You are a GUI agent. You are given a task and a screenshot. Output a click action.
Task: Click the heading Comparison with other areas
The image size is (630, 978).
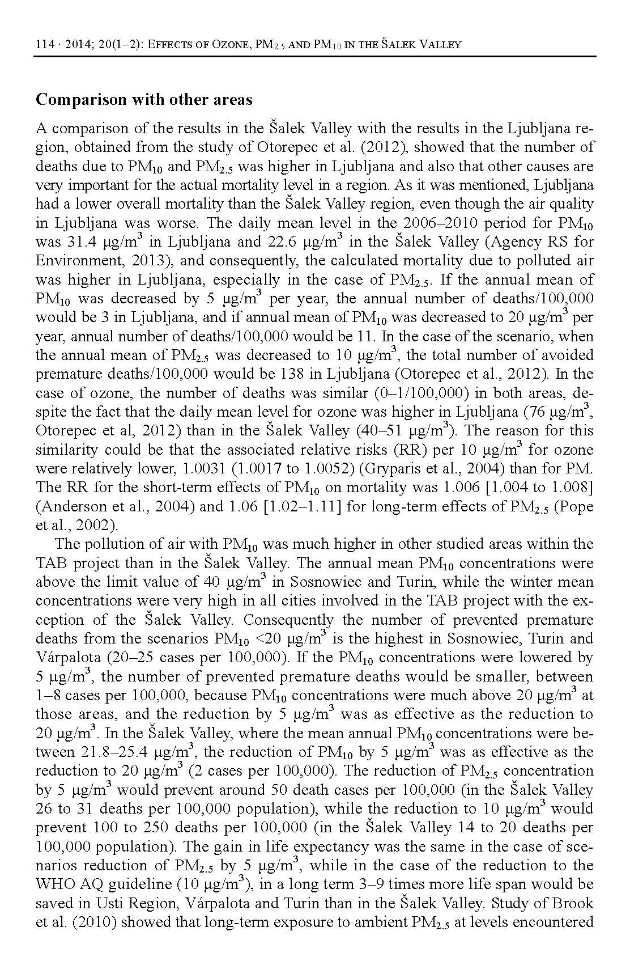(x=144, y=100)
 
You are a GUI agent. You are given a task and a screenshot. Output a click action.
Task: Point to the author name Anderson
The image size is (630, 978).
(x=70, y=506)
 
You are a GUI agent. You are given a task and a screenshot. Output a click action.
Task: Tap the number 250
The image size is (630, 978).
(x=156, y=828)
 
